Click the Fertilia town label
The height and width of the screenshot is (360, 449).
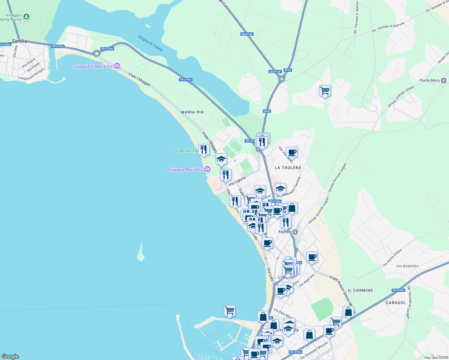coord(20,41)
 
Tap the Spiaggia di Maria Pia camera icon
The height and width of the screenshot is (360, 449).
coord(117,66)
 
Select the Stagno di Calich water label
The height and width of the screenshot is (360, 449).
coord(150,43)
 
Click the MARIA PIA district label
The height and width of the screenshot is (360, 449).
coord(192,112)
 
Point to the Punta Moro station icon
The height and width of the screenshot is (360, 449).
coord(444,80)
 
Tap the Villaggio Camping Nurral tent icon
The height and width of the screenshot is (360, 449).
coord(26,17)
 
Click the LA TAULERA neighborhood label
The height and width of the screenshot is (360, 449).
coord(288,168)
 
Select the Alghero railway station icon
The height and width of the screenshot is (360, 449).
coord(295,232)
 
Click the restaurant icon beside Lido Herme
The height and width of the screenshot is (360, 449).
coord(204,149)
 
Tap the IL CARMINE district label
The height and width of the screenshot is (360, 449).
coord(360,290)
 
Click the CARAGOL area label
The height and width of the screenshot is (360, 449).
coord(396,303)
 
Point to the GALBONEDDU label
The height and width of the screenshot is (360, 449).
coord(407,266)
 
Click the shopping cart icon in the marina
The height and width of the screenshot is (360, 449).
coord(230,310)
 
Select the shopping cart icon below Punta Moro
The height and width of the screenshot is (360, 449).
coord(325,91)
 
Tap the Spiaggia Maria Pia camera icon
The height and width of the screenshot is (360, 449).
coord(207,169)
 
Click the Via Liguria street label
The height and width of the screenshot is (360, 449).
coord(237,181)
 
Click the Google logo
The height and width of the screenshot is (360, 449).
coord(10,356)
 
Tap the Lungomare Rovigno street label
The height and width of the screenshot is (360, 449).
coord(32,74)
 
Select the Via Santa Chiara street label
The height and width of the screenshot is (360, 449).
coord(392,258)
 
